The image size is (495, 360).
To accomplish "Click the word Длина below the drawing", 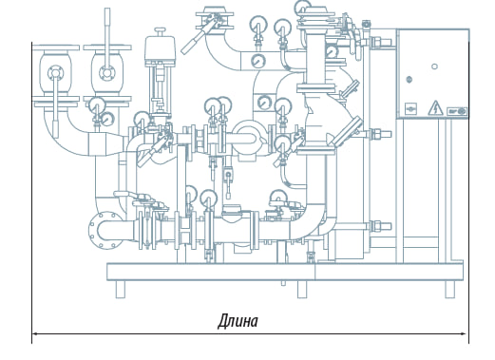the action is (238, 321).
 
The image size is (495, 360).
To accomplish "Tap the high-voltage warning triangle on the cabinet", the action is (435, 108).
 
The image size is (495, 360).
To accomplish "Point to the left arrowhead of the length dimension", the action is (36, 333).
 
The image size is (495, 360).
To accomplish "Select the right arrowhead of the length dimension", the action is (464, 333).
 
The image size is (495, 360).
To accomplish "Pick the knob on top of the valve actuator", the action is (160, 31).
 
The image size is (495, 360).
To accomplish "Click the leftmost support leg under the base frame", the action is (120, 290).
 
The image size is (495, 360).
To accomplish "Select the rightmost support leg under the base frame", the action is (449, 290).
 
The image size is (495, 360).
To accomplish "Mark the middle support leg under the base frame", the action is (302, 290).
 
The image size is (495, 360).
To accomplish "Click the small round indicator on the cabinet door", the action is (434, 66).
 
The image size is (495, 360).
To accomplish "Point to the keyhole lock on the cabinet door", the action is (409, 79).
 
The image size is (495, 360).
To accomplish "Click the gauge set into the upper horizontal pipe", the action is (258, 61).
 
